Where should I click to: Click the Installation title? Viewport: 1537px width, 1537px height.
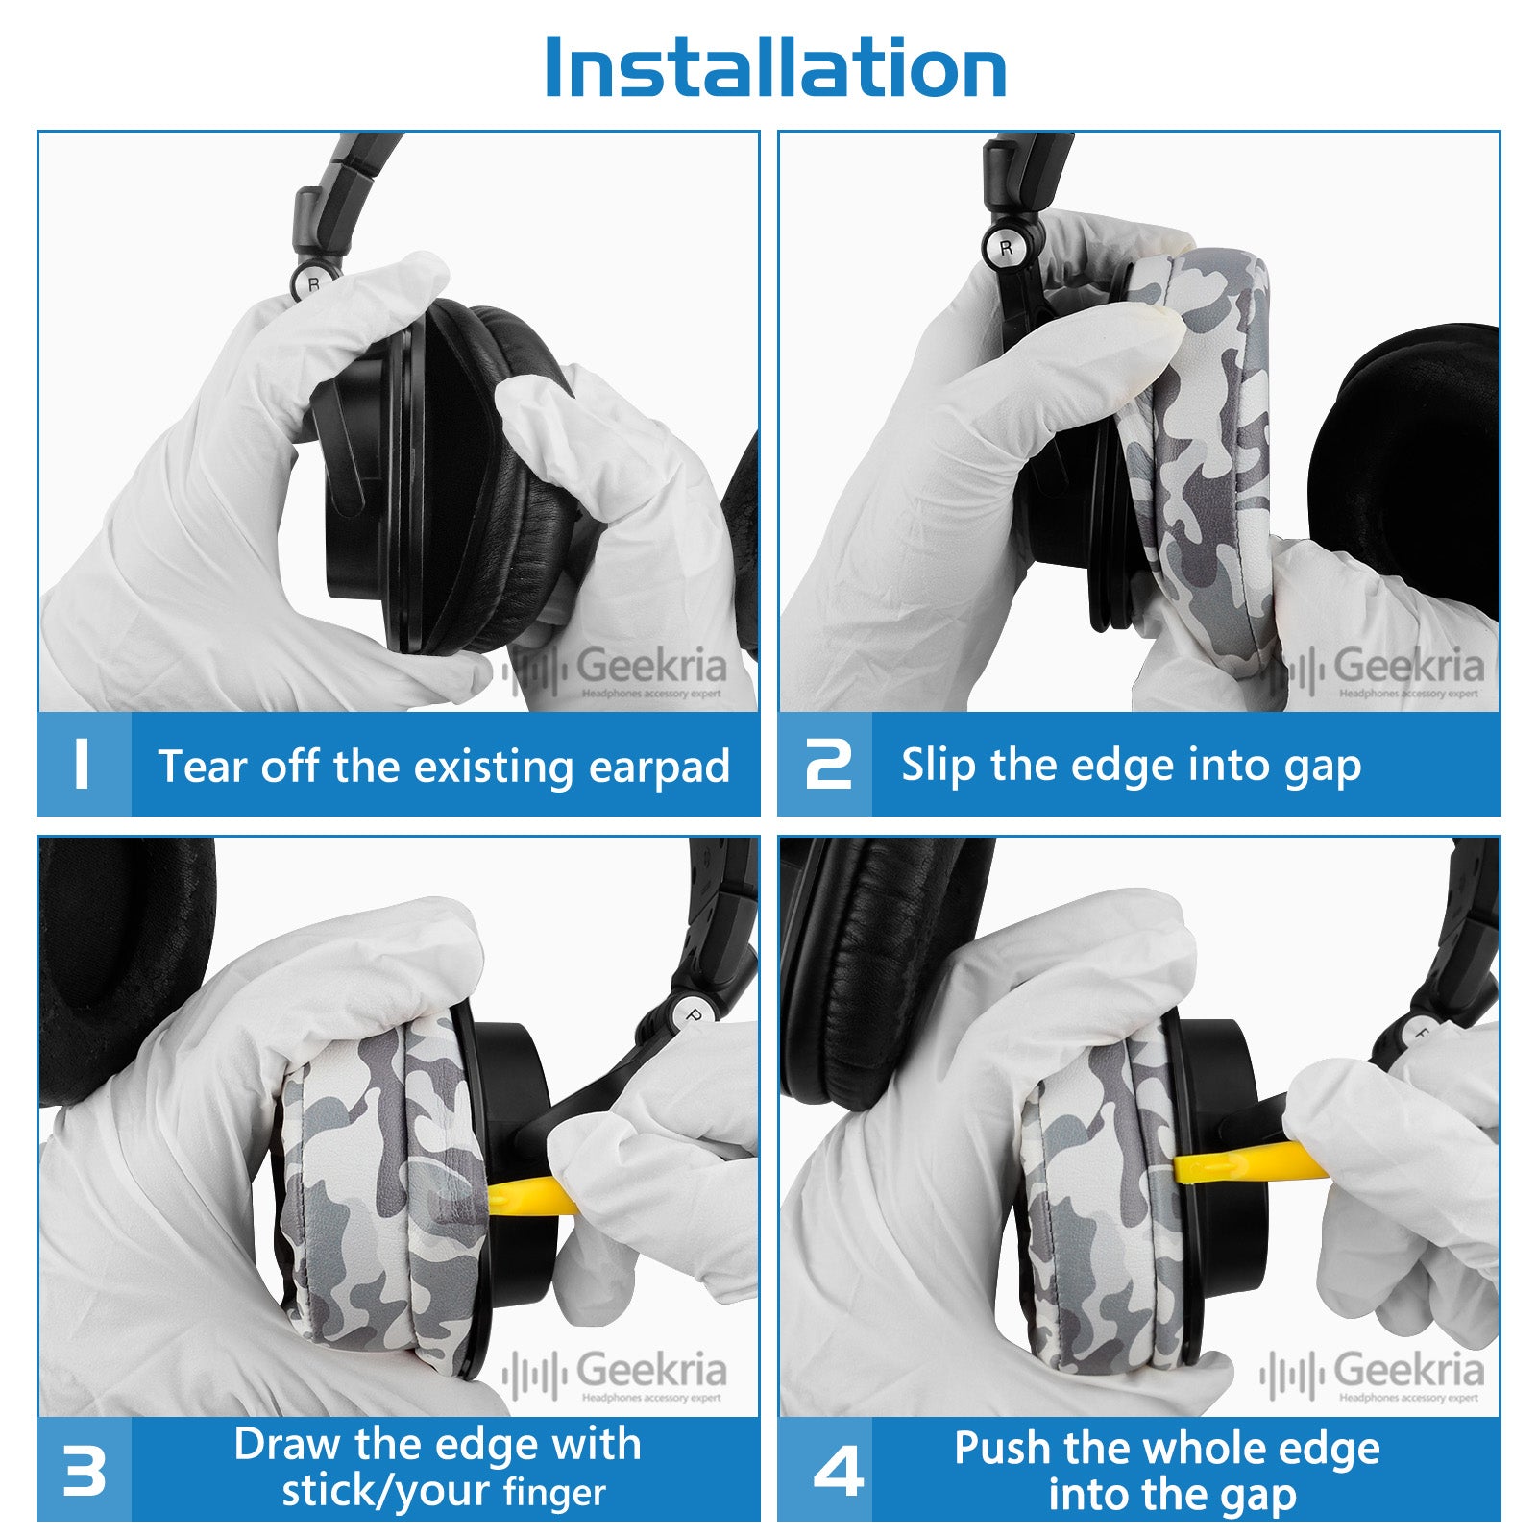click(775, 67)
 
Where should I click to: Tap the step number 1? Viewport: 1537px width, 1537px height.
click(82, 765)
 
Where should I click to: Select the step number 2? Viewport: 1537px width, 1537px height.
click(828, 765)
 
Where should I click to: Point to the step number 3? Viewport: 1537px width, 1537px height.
click(84, 1470)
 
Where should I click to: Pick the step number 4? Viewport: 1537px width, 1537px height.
click(838, 1470)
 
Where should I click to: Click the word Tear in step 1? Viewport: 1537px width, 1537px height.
click(202, 767)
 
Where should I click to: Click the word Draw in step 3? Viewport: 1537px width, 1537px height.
click(287, 1444)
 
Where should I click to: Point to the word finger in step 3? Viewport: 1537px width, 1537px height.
click(554, 1493)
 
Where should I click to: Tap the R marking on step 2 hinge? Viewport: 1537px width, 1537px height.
click(1006, 248)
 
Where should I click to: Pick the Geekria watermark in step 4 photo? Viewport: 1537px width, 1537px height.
click(1372, 1376)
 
